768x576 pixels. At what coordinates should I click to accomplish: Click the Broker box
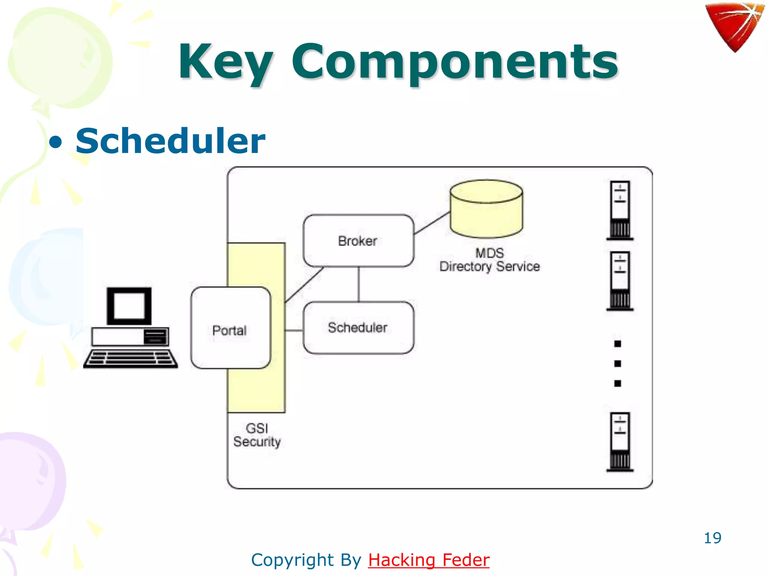[358, 241]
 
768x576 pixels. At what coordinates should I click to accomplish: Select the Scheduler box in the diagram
[358, 328]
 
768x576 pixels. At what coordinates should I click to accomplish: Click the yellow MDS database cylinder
[486, 210]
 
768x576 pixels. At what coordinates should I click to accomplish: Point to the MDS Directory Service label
[489, 260]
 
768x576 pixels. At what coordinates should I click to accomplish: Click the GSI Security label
[257, 435]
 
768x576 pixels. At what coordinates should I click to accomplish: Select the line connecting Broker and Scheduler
[359, 284]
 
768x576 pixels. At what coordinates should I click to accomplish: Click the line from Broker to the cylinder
[431, 223]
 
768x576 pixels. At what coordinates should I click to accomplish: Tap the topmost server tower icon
[620, 210]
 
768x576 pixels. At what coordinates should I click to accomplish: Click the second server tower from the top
[620, 280]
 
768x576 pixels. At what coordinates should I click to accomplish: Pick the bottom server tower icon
[620, 442]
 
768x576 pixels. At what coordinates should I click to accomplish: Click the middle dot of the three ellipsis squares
[618, 363]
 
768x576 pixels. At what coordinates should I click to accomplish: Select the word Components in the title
[454, 62]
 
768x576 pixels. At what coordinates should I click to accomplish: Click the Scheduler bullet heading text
[170, 141]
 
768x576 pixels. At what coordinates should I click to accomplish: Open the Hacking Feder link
[429, 560]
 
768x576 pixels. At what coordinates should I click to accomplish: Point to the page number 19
[712, 538]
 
